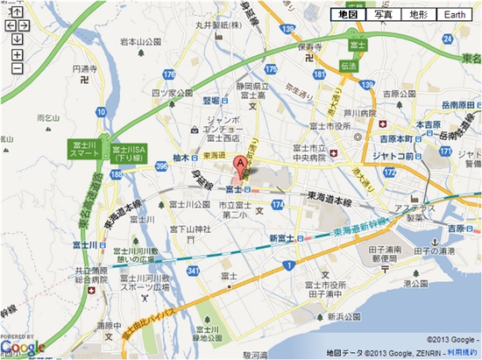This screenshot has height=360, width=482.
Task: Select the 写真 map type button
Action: [383, 15]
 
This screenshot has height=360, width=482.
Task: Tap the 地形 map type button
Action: [417, 15]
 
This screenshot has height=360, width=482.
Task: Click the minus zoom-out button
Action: [17, 67]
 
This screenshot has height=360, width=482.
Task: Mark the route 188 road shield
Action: [116, 174]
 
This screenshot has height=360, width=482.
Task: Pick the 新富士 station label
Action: [280, 237]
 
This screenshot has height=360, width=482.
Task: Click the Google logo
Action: [23, 348]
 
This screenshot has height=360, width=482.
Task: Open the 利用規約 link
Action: [462, 351]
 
